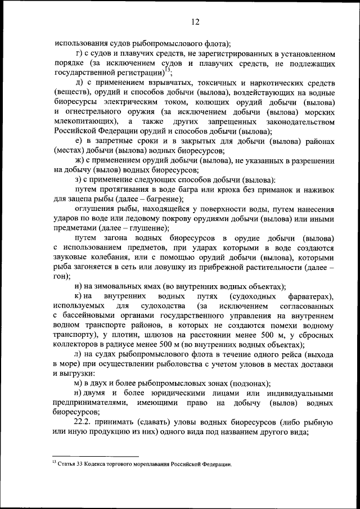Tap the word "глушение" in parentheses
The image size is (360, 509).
[148, 228]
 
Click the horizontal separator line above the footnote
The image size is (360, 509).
[96, 457]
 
